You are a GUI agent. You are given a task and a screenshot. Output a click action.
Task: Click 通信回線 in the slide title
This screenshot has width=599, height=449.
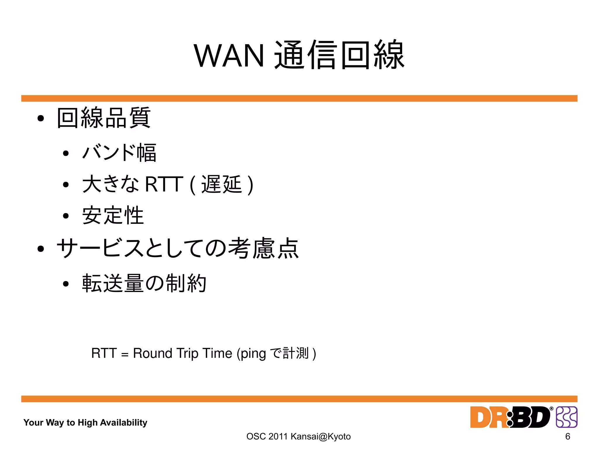click(339, 55)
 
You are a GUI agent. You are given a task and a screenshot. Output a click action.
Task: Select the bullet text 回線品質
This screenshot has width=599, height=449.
click(104, 118)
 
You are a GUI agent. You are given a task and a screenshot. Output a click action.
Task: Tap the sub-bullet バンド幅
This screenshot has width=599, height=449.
click(119, 152)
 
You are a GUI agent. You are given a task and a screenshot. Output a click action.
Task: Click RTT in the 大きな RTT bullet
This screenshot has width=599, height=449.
click(164, 184)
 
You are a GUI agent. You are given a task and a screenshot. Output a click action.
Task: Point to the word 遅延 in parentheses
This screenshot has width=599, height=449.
click(221, 184)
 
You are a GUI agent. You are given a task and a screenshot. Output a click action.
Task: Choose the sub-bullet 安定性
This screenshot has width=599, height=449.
click(113, 215)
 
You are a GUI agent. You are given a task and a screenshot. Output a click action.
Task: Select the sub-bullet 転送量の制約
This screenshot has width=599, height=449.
click(144, 283)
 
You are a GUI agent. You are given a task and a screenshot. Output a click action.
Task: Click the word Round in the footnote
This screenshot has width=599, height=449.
click(153, 353)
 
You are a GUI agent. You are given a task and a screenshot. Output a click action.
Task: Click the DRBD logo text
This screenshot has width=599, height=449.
click(510, 417)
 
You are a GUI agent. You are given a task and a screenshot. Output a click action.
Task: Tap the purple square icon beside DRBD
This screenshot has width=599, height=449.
click(567, 417)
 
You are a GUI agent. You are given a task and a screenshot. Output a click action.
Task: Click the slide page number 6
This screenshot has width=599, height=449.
click(568, 436)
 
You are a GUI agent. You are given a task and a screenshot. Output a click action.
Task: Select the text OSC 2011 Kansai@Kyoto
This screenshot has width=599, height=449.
click(298, 436)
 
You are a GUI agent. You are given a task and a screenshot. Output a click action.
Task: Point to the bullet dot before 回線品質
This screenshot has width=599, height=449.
click(41, 118)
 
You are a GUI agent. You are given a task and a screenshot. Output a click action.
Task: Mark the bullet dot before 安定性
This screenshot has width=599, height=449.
click(66, 216)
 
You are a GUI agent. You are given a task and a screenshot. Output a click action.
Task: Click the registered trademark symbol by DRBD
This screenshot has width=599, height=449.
click(551, 409)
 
